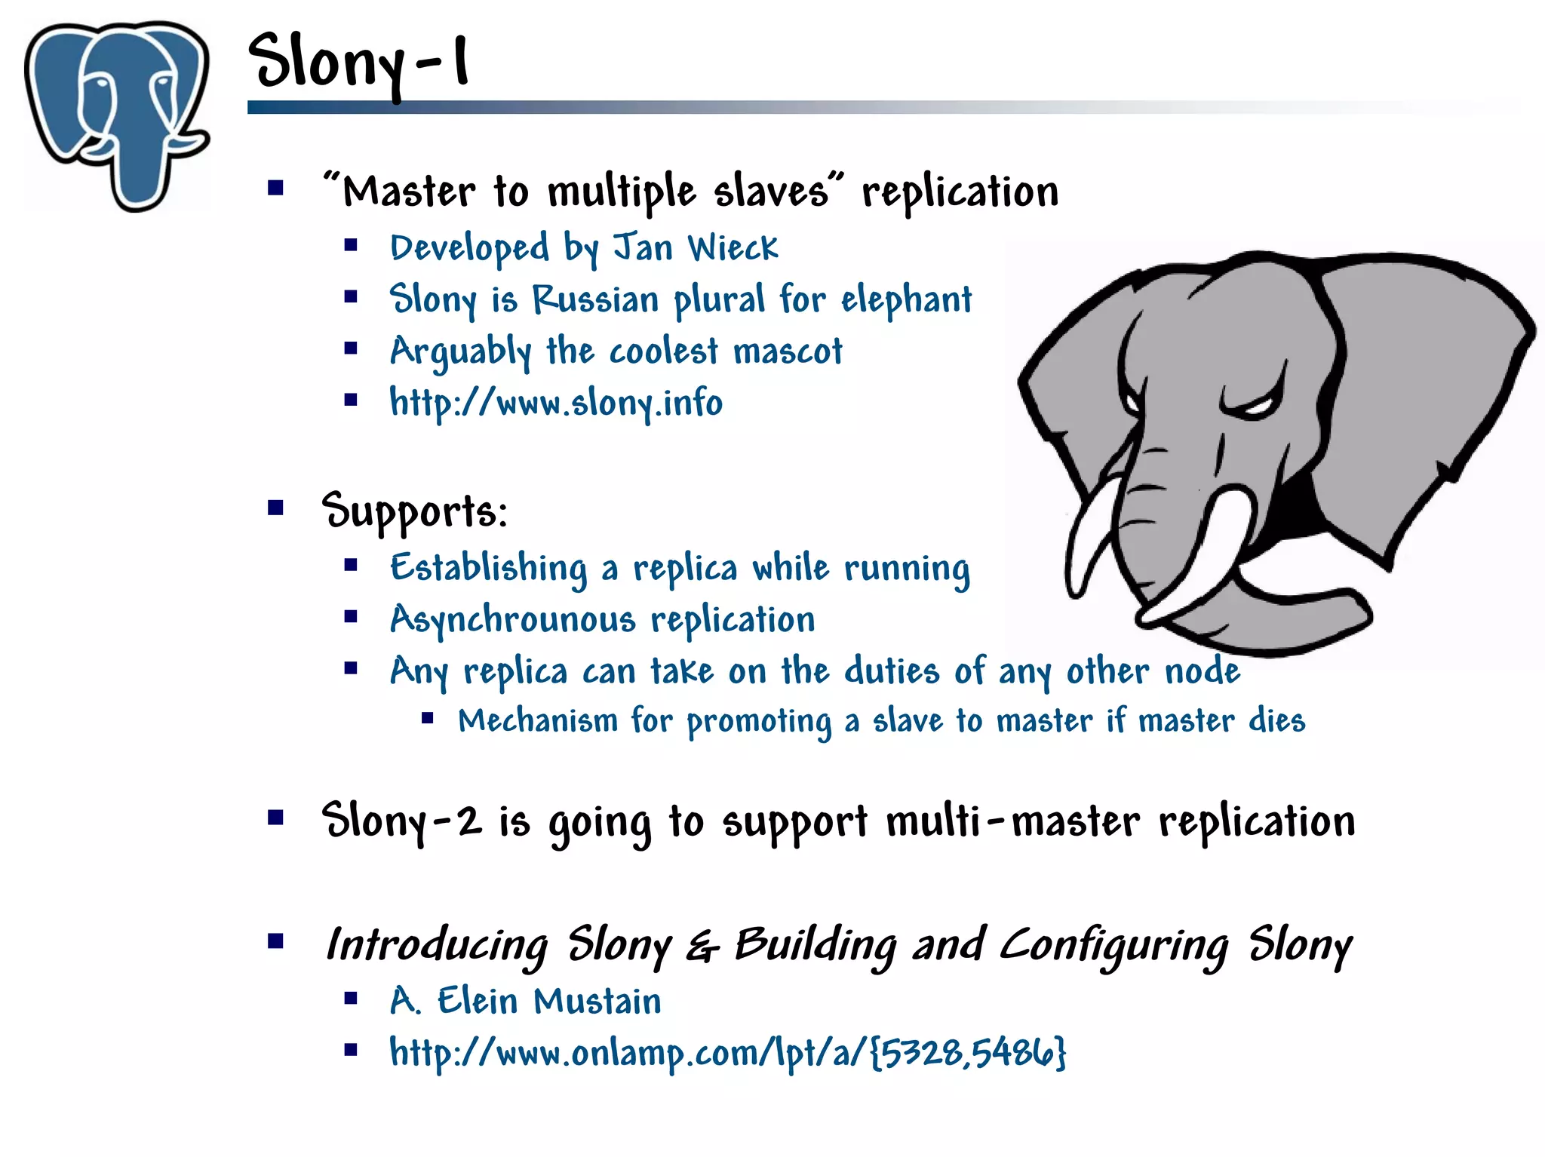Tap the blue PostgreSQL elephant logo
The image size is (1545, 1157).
(x=117, y=113)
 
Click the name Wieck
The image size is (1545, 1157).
(x=733, y=247)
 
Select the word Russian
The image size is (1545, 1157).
(x=595, y=299)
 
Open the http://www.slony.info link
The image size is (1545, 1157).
(x=555, y=403)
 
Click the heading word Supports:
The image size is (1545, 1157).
(x=414, y=512)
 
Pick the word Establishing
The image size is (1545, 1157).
(x=488, y=568)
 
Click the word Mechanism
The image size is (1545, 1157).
(x=537, y=720)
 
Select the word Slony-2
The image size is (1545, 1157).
(x=401, y=821)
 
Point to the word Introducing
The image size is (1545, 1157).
(x=437, y=945)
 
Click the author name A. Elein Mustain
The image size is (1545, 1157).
(x=525, y=1002)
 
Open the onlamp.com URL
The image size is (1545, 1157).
(x=727, y=1053)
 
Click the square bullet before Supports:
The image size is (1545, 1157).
(x=275, y=508)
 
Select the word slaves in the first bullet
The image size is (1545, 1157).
(x=771, y=191)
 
